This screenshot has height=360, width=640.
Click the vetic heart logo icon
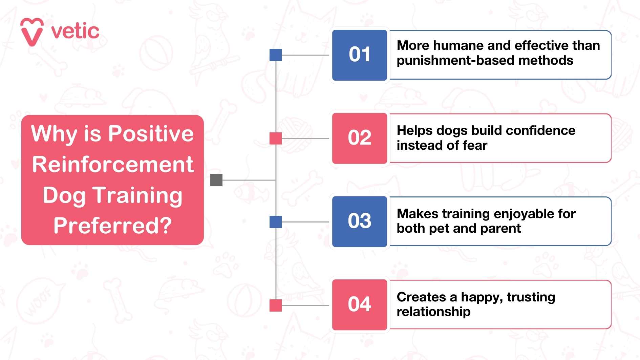tap(32, 32)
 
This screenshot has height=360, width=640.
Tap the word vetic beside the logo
tap(75, 31)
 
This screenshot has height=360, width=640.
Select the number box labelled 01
tap(360, 55)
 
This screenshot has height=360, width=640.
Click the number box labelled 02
tap(360, 138)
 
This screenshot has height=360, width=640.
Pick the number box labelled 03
tap(360, 221)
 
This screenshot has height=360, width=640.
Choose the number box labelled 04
tap(360, 305)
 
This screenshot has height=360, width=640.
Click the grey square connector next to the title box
tap(216, 180)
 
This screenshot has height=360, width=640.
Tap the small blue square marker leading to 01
tap(276, 55)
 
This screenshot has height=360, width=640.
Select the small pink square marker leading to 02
tap(276, 139)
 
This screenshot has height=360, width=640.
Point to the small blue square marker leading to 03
tap(276, 222)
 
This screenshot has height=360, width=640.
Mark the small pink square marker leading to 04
tap(276, 305)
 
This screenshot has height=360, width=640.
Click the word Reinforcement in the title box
tap(113, 164)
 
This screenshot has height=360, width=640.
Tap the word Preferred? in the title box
tap(113, 226)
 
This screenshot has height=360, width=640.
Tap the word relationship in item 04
tap(434, 312)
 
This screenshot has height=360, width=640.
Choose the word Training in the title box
tap(137, 196)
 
